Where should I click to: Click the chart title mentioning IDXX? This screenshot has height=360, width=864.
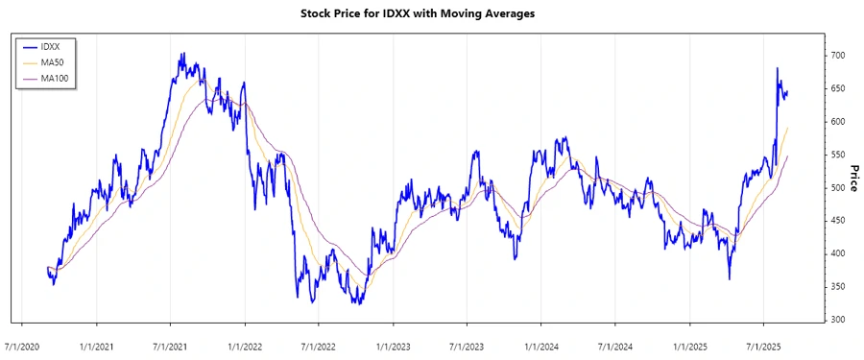click(431, 13)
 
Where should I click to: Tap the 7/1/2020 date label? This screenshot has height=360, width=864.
click(22, 344)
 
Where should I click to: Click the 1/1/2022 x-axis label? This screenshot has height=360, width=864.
click(245, 344)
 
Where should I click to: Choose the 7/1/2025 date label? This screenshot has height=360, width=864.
click(763, 344)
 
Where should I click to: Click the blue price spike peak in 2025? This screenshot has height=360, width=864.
click(778, 68)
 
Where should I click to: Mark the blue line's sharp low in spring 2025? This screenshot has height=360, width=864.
click(730, 279)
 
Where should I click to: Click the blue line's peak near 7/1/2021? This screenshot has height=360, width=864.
click(182, 54)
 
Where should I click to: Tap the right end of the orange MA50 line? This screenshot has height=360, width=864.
click(788, 128)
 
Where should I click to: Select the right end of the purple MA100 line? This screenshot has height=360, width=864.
click(788, 156)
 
